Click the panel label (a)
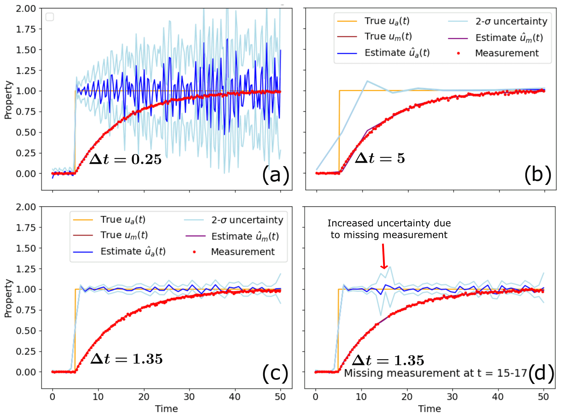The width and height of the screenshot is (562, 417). click(x=276, y=175)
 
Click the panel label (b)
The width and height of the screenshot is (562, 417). click(x=538, y=175)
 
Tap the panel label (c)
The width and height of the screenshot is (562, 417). click(x=275, y=373)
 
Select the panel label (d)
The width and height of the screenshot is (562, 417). click(x=541, y=373)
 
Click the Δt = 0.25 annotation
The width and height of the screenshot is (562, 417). click(x=126, y=159)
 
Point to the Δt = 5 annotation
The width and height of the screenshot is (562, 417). click(x=380, y=158)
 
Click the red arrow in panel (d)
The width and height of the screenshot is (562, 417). click(x=383, y=256)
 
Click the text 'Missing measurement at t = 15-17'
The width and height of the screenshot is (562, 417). click(x=435, y=373)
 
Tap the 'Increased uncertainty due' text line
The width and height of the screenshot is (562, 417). click(x=389, y=223)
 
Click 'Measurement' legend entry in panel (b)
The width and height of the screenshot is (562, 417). click(x=506, y=53)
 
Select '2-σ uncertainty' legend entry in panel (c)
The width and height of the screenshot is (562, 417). click(x=247, y=220)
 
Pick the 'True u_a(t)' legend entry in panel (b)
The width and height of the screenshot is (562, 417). click(x=387, y=21)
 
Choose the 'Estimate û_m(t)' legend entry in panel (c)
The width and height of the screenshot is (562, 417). click(x=245, y=236)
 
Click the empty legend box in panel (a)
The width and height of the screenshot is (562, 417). click(x=50, y=17)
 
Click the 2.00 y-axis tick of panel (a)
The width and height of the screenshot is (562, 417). click(x=26, y=8)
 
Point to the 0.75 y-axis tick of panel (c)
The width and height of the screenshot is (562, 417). click(x=26, y=310)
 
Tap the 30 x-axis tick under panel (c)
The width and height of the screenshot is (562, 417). click(x=189, y=397)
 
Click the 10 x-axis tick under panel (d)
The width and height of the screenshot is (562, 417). click(x=361, y=397)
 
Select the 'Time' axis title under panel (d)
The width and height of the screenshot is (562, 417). click(x=429, y=409)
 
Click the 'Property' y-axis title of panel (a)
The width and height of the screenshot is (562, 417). click(x=8, y=100)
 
